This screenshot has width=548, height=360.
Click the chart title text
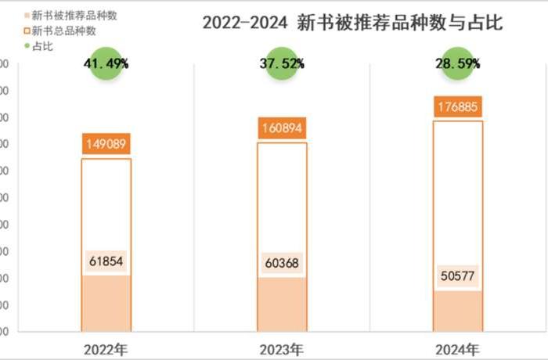(x=352, y=23)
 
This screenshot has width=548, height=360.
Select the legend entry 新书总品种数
(x=63, y=31)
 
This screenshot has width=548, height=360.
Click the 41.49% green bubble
(x=106, y=63)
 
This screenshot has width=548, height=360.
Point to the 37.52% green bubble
(x=282, y=63)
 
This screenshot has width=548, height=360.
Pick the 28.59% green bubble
(x=458, y=63)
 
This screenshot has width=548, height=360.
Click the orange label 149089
(x=106, y=144)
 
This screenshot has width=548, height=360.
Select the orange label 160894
(x=282, y=128)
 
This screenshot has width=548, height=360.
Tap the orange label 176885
(x=458, y=106)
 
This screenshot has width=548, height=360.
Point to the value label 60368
(x=282, y=265)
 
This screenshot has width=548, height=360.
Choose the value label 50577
(x=458, y=277)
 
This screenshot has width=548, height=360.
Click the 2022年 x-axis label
(x=106, y=348)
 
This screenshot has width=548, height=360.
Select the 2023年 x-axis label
(x=282, y=348)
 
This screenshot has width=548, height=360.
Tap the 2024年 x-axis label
(x=458, y=348)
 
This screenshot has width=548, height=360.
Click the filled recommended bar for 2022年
(x=106, y=305)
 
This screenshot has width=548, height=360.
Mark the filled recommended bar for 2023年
(x=282, y=307)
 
